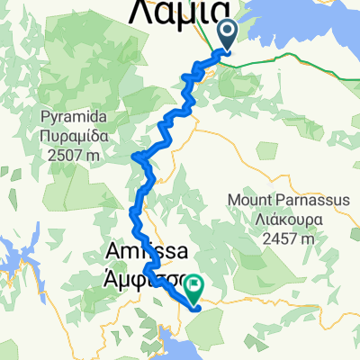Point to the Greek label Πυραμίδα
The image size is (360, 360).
(75, 132)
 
